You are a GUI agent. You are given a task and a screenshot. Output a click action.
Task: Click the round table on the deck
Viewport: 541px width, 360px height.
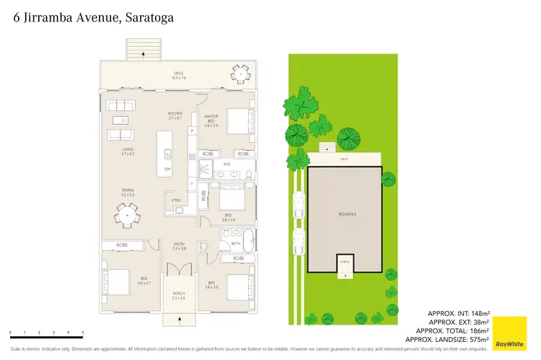239,73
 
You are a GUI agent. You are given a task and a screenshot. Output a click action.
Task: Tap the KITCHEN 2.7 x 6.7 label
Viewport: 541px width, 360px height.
175,115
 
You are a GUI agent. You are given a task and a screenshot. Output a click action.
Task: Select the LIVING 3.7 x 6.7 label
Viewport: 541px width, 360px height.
128,151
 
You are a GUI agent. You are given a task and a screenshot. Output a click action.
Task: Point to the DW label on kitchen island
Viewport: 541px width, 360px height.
167,169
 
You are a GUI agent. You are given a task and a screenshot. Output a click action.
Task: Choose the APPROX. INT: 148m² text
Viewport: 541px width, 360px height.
459,313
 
